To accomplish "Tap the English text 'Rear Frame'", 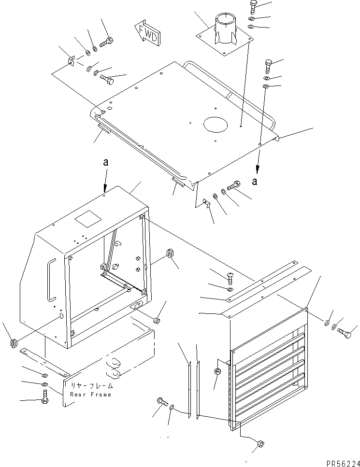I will tap(91, 394).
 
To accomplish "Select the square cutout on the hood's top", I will tap(87, 220).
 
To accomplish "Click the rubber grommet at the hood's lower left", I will tap(14, 343).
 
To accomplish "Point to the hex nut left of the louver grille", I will tap(217, 371).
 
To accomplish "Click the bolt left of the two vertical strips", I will tap(161, 401).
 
